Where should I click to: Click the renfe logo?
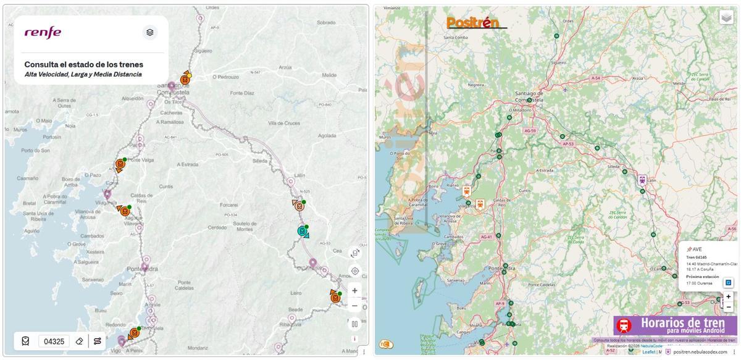(x=43, y=32)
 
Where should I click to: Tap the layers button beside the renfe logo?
(x=149, y=32)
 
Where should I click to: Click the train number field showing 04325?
(x=54, y=341)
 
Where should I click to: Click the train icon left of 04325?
(x=25, y=341)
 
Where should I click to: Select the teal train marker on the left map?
(x=303, y=232)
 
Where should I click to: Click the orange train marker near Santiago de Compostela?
(x=185, y=80)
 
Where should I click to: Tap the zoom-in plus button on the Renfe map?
(x=354, y=290)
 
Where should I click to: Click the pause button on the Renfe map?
(x=354, y=324)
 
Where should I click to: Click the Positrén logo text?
(x=472, y=23)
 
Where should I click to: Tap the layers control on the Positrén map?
(x=726, y=18)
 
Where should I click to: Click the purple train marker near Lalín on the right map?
(x=642, y=180)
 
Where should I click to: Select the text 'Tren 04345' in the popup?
(x=697, y=257)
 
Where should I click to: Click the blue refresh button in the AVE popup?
(x=728, y=283)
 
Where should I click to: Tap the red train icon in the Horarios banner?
(x=624, y=325)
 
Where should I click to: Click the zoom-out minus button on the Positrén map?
(x=729, y=307)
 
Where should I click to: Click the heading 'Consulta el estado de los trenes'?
(x=83, y=64)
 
